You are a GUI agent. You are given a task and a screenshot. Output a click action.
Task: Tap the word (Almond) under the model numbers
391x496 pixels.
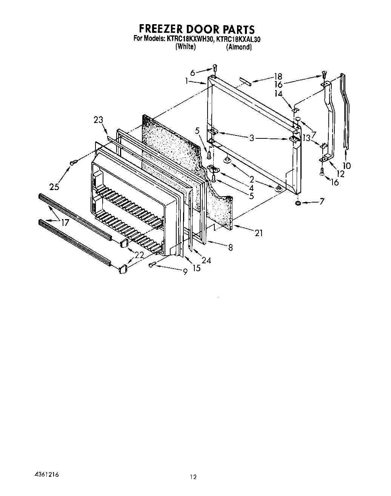click(x=239, y=47)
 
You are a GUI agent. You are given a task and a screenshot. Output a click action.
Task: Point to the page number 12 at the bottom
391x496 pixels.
click(x=193, y=477)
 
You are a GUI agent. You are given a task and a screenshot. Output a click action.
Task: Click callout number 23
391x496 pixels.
click(x=98, y=120)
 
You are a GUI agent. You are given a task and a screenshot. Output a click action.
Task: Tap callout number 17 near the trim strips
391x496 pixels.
click(x=65, y=223)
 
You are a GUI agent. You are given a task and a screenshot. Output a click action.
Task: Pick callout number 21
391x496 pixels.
click(x=259, y=233)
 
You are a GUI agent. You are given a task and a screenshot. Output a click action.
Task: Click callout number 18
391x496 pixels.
click(x=278, y=77)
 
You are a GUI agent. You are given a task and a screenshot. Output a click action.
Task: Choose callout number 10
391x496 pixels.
click(x=346, y=166)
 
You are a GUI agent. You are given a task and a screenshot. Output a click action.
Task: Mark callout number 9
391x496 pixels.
click(x=185, y=271)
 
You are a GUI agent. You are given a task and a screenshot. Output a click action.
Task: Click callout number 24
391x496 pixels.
click(x=206, y=260)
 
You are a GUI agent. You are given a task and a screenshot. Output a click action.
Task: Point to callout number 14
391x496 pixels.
click(x=279, y=94)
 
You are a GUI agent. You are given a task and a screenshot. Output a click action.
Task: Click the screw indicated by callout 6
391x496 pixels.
click(x=214, y=68)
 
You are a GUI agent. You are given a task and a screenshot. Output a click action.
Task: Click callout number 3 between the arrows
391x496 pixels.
click(x=252, y=138)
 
